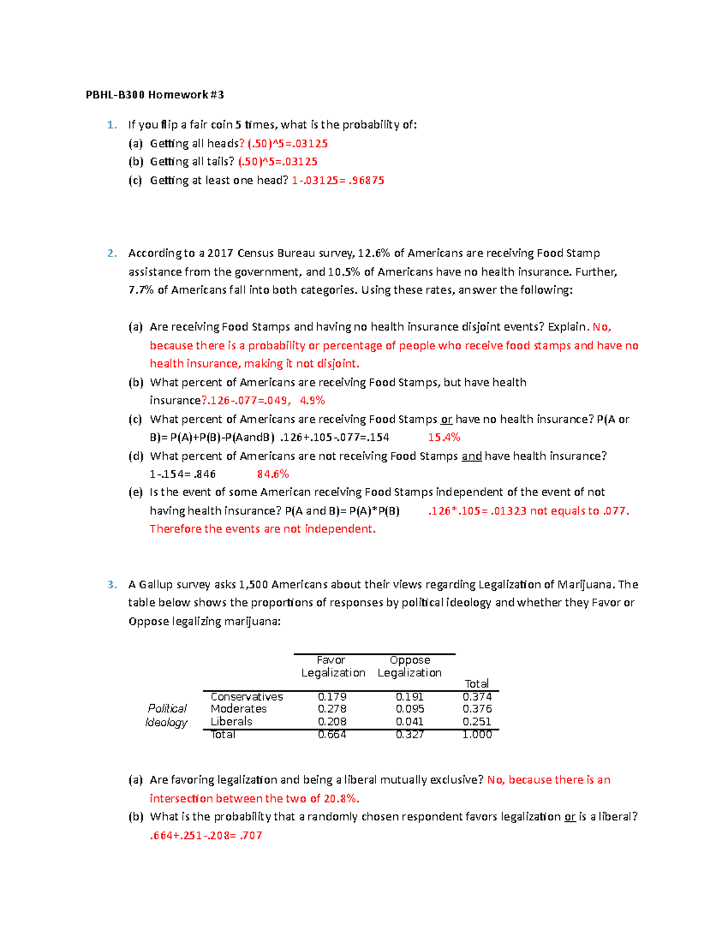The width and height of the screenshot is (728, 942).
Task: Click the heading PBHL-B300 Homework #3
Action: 155,95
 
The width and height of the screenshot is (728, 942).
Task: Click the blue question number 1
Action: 111,125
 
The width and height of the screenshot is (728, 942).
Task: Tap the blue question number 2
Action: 111,253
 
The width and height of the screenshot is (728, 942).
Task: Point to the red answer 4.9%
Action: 312,400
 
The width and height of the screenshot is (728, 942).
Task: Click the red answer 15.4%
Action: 443,437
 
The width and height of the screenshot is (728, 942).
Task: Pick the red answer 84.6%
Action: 272,474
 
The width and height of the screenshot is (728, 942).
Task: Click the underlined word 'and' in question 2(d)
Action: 471,456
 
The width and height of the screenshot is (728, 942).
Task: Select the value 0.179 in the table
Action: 332,697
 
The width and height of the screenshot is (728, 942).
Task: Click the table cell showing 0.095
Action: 409,708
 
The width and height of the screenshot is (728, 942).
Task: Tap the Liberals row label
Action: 231,721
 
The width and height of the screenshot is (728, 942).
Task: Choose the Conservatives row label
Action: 246,697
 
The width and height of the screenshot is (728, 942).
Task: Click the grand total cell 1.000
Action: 477,735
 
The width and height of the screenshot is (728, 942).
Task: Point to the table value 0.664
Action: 332,735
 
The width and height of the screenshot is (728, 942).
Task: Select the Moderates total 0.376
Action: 477,708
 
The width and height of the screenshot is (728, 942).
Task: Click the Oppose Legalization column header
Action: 409,666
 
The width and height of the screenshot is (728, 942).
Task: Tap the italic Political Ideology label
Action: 166,715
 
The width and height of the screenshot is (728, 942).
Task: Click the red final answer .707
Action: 251,835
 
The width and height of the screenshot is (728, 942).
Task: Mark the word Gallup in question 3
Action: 156,585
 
